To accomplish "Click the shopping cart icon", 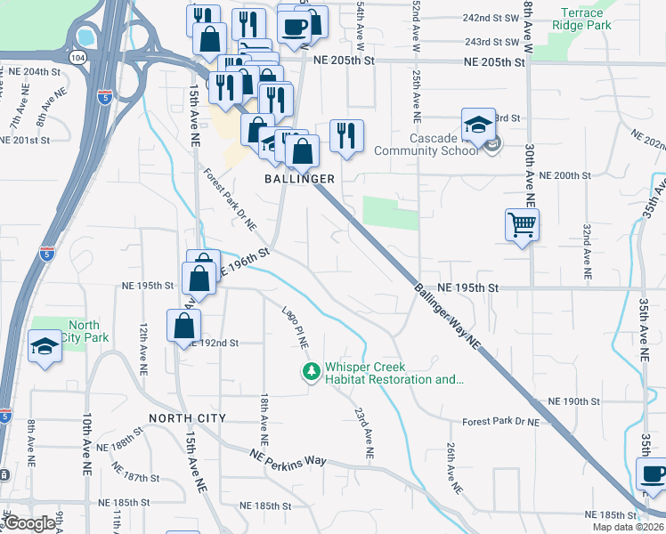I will pos(522,223).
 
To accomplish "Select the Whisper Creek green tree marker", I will pos(311,371).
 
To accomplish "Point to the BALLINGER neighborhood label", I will pos(299,179).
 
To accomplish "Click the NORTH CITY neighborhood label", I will pos(187,418).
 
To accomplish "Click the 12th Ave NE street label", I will pos(142,348).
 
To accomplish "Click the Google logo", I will pos(29,523).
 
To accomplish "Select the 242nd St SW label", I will pos(491,18).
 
